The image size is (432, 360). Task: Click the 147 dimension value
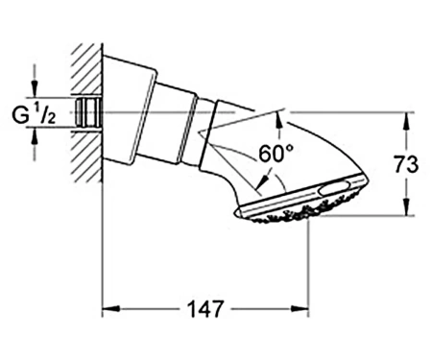point(204,309)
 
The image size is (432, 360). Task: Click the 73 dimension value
point(406,164)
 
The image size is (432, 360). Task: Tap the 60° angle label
point(276,154)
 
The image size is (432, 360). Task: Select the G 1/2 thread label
point(34,115)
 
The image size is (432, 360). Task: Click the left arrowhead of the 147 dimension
point(110,309)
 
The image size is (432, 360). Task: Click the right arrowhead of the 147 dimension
point(300,309)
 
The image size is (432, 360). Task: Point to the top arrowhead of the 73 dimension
point(406,121)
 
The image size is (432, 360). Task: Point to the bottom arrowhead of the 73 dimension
point(406,207)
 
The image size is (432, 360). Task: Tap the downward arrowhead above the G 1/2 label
point(35,88)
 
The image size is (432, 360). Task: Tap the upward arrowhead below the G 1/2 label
point(35,135)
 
